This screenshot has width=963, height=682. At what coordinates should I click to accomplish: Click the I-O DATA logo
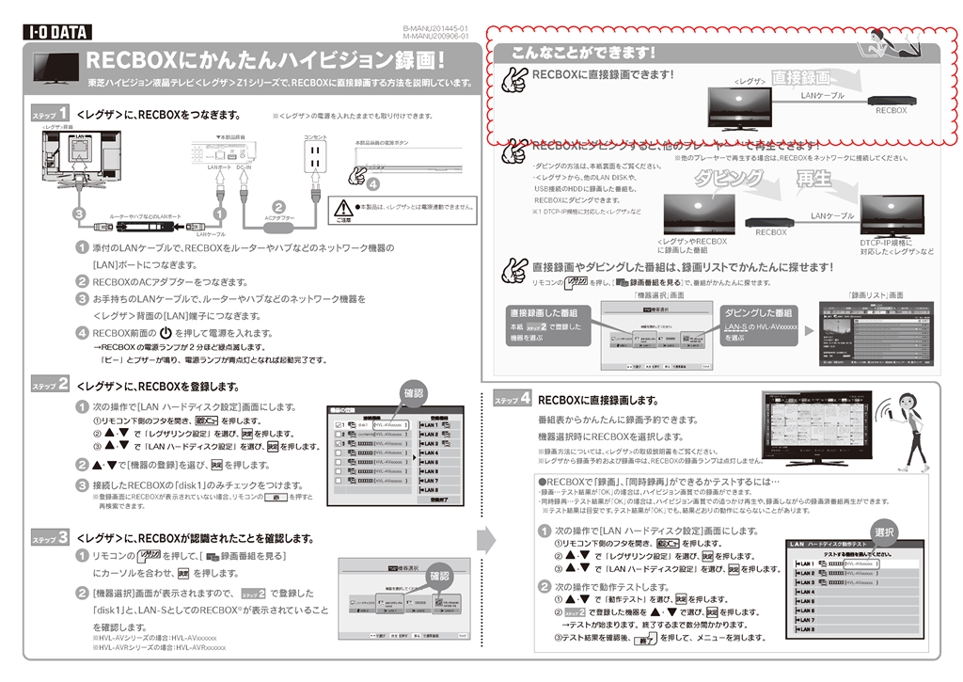(x=56, y=33)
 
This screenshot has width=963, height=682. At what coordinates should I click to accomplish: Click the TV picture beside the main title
(x=55, y=69)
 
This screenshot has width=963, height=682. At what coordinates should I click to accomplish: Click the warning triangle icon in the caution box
(x=345, y=207)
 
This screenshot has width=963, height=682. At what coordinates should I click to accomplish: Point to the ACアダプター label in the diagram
(x=278, y=217)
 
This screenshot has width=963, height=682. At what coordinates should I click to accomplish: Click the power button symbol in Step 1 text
(x=165, y=333)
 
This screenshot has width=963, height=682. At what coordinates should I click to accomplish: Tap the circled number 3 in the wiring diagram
(x=81, y=214)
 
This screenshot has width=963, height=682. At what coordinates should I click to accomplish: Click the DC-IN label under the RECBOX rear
(x=243, y=167)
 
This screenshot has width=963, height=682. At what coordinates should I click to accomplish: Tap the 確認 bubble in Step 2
(x=413, y=393)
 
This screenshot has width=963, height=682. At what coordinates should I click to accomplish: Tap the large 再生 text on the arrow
(x=814, y=179)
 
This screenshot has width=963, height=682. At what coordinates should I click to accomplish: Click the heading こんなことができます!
(x=582, y=53)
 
